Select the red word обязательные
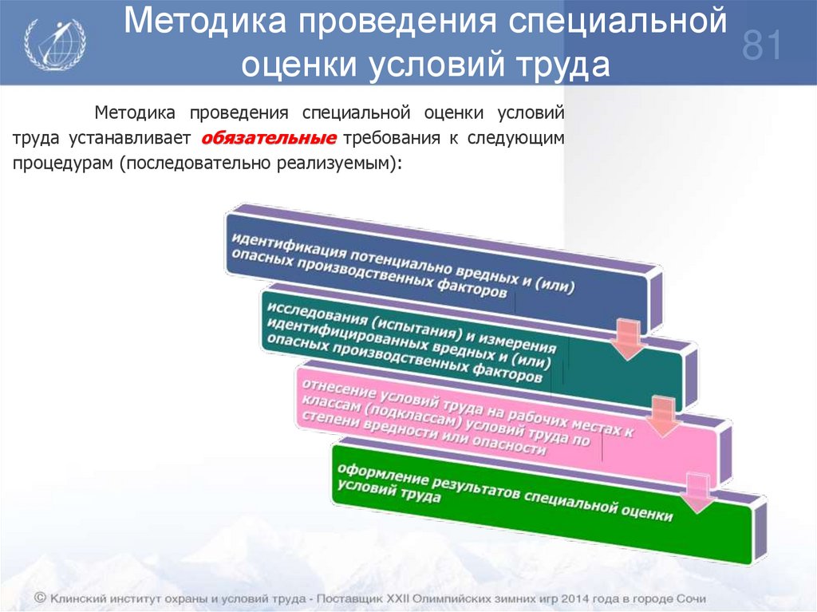(x=268, y=138)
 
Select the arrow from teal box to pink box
(x=660, y=416)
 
